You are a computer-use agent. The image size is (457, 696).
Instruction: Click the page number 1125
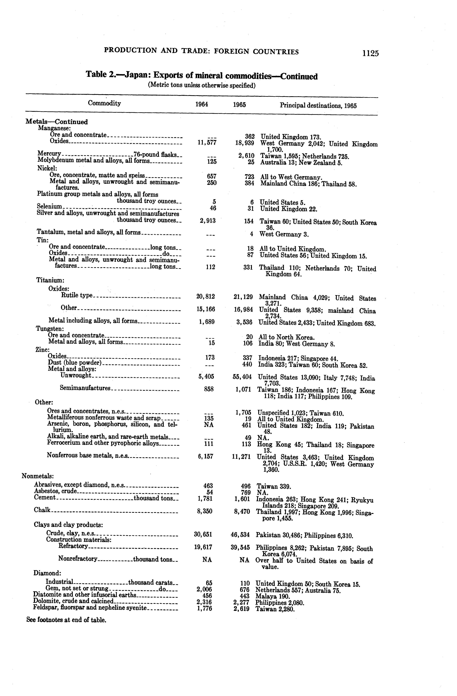[370, 53]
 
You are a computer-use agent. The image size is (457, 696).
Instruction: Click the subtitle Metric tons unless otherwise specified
[202, 85]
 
